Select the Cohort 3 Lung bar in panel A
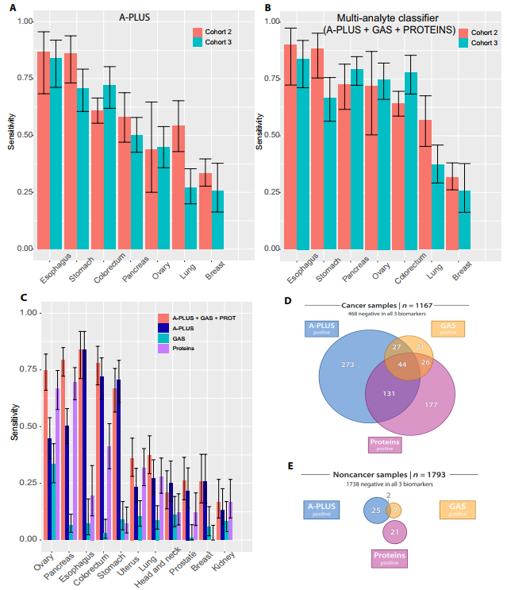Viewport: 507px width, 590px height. tap(190, 218)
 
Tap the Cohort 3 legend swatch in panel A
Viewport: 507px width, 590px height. tap(199, 43)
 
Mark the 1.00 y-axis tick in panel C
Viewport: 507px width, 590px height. tap(27, 313)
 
